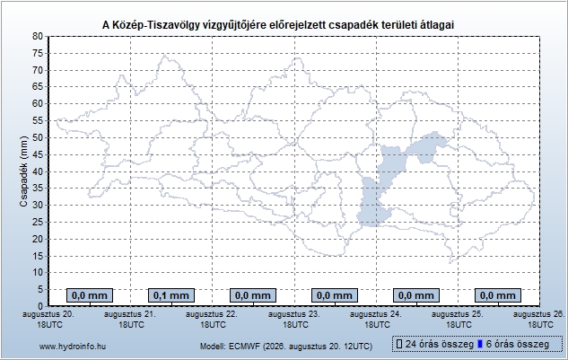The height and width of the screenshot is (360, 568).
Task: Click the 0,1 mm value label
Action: [171, 295]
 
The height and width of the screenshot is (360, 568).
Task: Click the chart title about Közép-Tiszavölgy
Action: [278, 24]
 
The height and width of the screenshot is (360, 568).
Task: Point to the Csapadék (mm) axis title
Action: [23, 171]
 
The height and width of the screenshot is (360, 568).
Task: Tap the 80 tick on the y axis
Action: [38, 36]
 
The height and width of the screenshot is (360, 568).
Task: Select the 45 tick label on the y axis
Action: [38, 154]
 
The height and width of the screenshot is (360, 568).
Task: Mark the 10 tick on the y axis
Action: [38, 273]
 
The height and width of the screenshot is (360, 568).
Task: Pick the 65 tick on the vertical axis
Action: [38, 87]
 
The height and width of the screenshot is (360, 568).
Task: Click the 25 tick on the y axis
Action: [38, 222]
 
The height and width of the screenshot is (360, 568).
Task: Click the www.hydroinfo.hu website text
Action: [73, 347]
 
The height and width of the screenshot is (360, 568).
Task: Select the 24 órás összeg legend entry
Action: [435, 344]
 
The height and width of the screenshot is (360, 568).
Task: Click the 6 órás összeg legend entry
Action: [513, 344]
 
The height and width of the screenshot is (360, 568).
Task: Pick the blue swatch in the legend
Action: [480, 344]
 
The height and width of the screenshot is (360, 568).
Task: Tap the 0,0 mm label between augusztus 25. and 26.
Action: [498, 295]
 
